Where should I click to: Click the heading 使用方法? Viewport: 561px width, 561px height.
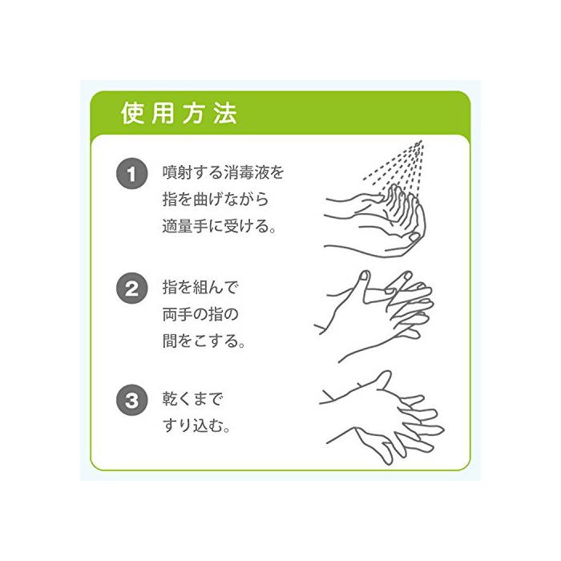pyautogui.click(x=179, y=114)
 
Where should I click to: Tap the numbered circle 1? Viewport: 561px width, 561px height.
pyautogui.click(x=132, y=174)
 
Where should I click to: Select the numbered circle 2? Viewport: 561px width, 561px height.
pyautogui.click(x=132, y=289)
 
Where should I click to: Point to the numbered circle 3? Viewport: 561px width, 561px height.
pyautogui.click(x=132, y=400)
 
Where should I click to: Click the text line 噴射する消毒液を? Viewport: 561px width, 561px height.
pyautogui.click(x=224, y=172)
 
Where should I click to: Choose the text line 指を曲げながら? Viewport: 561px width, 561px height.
pyautogui.click(x=216, y=200)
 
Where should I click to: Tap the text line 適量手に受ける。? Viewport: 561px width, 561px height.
pyautogui.click(x=219, y=226)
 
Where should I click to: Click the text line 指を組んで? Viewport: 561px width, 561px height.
pyautogui.click(x=200, y=287)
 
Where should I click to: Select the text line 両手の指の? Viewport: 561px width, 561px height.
pyautogui.click(x=200, y=314)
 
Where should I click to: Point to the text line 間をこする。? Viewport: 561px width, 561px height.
pyautogui.click(x=204, y=341)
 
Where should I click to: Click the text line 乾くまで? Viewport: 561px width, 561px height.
pyautogui.click(x=192, y=398)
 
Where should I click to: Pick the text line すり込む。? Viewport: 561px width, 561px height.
pyautogui.click(x=196, y=426)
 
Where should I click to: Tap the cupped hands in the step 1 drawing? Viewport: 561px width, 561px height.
pyautogui.click(x=375, y=221)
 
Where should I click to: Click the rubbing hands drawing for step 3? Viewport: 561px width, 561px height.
pyautogui.click(x=381, y=418)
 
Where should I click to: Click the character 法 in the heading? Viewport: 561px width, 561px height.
pyautogui.click(x=225, y=114)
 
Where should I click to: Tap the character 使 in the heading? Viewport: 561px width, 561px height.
pyautogui.click(x=132, y=114)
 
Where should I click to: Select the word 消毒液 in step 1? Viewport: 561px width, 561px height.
pyautogui.click(x=246, y=172)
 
